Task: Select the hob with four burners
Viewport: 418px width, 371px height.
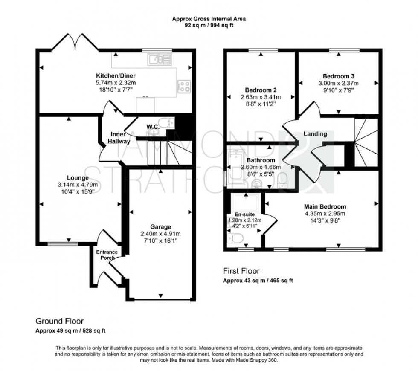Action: (184, 87)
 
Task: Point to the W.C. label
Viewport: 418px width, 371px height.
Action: (153, 127)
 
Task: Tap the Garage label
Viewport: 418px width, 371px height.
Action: (160, 226)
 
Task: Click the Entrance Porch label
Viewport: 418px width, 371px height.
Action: (106, 255)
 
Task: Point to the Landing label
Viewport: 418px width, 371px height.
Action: (315, 134)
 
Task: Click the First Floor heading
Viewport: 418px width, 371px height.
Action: (241, 271)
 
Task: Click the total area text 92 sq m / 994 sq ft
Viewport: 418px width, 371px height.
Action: (209, 25)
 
